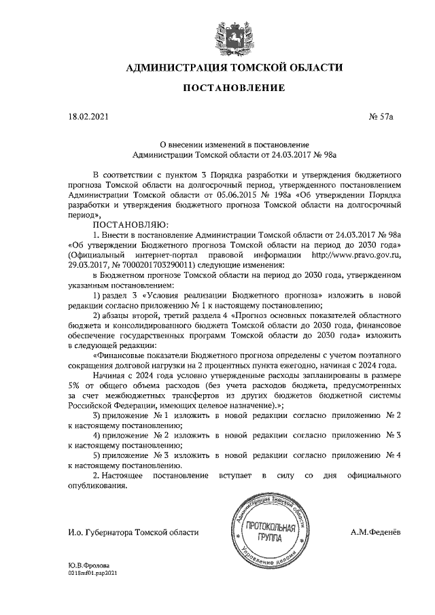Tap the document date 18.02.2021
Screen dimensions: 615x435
pyautogui.click(x=88, y=118)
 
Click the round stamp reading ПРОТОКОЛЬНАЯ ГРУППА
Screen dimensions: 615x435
pyautogui.click(x=269, y=533)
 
